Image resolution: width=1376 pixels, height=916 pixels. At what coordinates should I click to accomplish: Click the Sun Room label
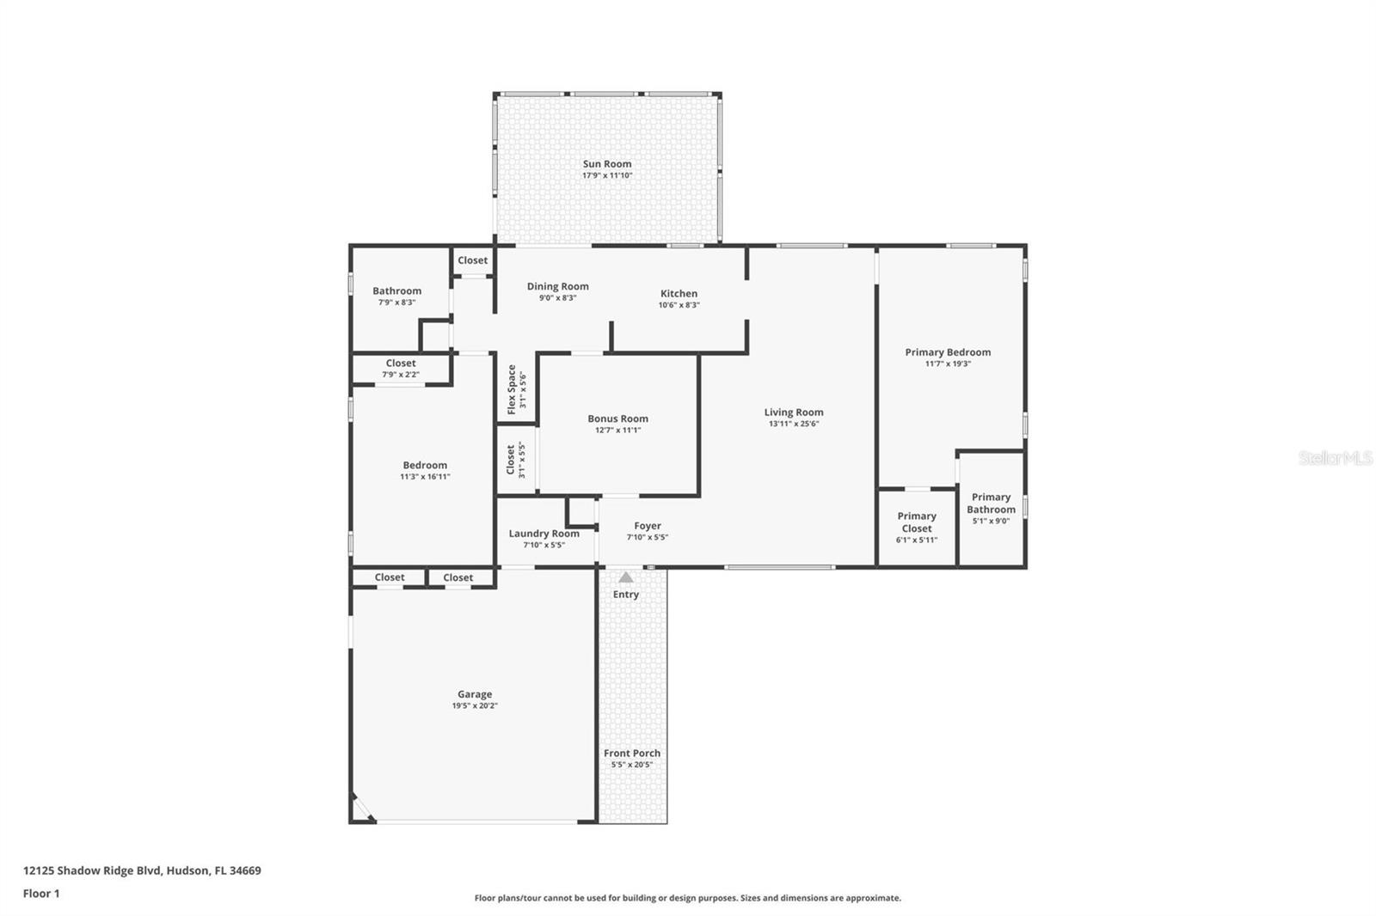coord(607,164)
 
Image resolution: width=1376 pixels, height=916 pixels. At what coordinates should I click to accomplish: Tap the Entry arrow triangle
coord(626,577)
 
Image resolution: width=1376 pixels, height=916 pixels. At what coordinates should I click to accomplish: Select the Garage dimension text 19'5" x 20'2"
coord(475,706)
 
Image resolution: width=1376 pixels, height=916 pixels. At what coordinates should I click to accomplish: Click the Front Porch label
coord(632,754)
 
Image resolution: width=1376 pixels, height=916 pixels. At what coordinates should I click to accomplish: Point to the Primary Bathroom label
coord(991,503)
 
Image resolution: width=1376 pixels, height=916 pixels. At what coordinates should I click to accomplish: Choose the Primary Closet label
coord(917,522)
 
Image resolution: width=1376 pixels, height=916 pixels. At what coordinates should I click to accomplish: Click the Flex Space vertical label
coord(512,389)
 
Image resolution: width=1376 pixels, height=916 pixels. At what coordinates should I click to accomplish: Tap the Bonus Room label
coord(617,418)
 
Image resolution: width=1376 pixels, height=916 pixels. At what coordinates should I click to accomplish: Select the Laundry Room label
coord(544,534)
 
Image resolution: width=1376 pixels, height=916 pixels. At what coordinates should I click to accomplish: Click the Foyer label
coord(648,526)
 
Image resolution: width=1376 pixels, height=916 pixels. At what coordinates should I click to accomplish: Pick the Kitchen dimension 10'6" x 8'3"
coord(679,305)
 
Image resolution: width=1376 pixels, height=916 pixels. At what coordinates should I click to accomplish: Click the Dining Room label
coord(557,287)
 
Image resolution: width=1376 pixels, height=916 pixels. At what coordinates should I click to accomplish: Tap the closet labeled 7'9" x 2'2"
coord(401,368)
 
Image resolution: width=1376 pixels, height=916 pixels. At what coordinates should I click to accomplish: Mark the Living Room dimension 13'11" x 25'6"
coord(793,424)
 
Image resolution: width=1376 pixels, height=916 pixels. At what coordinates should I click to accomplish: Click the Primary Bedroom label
coord(948,352)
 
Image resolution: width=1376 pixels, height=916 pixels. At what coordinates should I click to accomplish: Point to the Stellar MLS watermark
coord(1335,458)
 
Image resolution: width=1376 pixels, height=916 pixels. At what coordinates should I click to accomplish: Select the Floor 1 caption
coord(41,894)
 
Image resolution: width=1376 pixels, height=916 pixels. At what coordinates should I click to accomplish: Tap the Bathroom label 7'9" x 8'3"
coord(396,296)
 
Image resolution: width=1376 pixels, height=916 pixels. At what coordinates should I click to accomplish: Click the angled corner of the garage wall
coord(362,809)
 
